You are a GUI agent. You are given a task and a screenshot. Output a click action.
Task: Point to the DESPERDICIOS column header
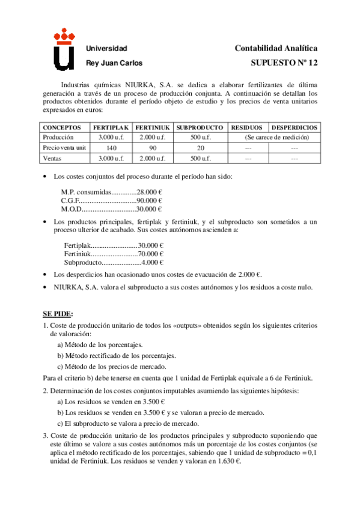(x=294, y=128)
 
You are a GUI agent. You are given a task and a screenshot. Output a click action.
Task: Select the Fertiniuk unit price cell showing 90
(x=153, y=147)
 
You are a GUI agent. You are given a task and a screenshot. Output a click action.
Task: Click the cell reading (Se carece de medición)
(x=272, y=138)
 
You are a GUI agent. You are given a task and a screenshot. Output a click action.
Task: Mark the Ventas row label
(x=52, y=158)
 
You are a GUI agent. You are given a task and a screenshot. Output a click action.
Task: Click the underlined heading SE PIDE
(x=57, y=314)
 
